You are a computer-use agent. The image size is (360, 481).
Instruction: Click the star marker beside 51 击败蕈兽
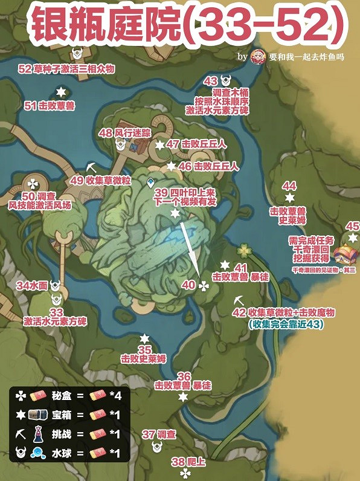[x=60, y=92]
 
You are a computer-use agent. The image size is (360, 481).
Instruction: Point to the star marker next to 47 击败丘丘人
[x=159, y=145]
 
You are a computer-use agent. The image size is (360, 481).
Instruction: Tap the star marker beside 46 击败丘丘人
[x=172, y=166]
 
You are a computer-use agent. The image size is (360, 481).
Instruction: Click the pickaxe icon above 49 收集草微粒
[x=91, y=166]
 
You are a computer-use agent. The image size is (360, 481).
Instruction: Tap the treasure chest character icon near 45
[x=344, y=253]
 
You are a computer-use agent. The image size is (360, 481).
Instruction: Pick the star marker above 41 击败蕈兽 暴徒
[x=225, y=265]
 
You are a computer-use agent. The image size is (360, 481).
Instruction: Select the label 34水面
[x=31, y=285]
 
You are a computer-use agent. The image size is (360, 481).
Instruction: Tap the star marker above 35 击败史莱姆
[x=144, y=338]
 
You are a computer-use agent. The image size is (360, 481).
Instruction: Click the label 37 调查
[x=159, y=434]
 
